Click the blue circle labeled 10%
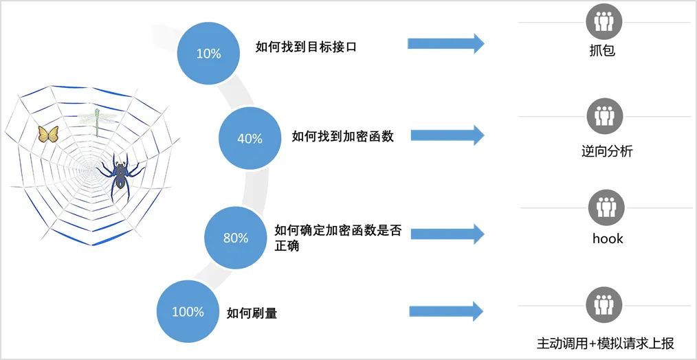coord(208,53)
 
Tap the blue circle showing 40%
coord(250,138)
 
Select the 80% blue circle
coord(236,238)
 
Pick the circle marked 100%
coord(188,312)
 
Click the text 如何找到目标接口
coord(306,47)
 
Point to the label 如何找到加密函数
coord(342,136)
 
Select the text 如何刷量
coord(252,313)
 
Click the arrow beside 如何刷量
coord(445,311)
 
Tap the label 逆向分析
coord(606,151)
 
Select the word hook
coord(608,238)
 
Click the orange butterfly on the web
coord(48,133)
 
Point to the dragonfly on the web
coord(96,120)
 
